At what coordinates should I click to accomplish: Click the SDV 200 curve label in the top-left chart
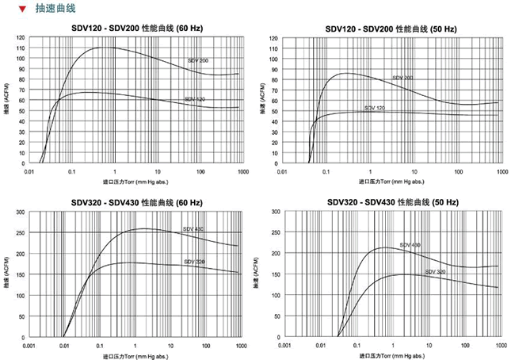point(198,60)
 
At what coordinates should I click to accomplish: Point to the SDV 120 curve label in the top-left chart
point(195,99)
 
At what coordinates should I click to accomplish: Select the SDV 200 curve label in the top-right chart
point(403,78)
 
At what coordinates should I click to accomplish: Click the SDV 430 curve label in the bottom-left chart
point(193,229)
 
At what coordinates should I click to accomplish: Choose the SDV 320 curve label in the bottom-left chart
point(194,262)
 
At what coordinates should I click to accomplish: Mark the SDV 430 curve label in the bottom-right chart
point(410,244)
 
